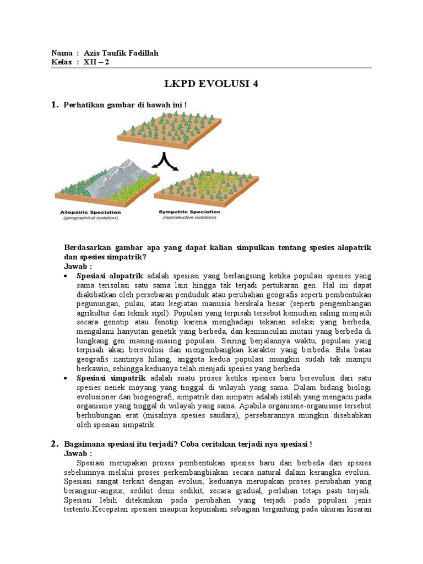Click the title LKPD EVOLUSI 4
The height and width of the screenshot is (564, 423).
pyautogui.click(x=211, y=84)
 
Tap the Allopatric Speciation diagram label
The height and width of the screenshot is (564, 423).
pyautogui.click(x=91, y=212)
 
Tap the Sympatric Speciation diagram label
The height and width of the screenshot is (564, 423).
pyautogui.click(x=189, y=212)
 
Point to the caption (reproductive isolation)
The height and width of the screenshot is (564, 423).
pyautogui.click(x=189, y=218)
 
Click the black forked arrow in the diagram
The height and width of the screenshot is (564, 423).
pyautogui.click(x=164, y=161)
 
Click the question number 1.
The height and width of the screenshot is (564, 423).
pyautogui.click(x=55, y=105)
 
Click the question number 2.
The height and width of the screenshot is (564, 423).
pyautogui.click(x=55, y=444)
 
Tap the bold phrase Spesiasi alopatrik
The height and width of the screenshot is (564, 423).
pyautogui.click(x=110, y=275)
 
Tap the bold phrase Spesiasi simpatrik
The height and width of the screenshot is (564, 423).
pyautogui.click(x=111, y=378)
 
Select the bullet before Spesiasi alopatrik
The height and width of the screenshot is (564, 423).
pyautogui.click(x=67, y=275)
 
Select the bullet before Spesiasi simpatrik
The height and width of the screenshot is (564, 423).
pyautogui.click(x=67, y=378)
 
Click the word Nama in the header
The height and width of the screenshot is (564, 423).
pyautogui.click(x=62, y=53)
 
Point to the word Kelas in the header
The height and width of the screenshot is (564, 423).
pyautogui.click(x=62, y=62)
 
